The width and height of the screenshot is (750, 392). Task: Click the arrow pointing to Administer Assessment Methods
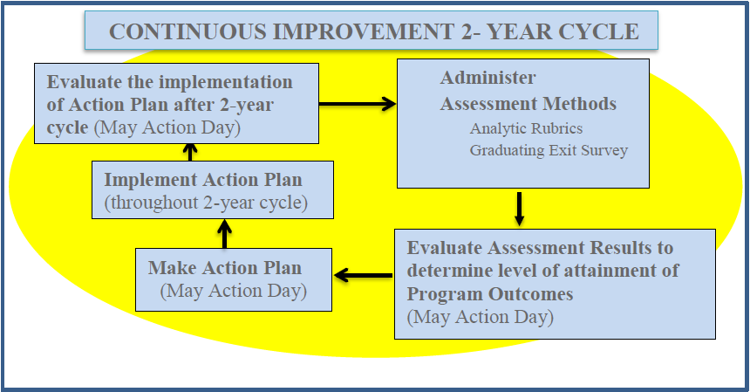tap(358, 103)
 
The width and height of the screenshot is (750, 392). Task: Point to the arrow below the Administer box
tap(520, 209)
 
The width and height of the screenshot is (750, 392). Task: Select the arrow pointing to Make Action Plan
tap(363, 275)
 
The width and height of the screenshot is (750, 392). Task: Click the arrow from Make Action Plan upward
tap(224, 234)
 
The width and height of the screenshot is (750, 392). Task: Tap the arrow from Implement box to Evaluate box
tap(190, 152)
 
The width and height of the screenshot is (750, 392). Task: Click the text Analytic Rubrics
tap(526, 128)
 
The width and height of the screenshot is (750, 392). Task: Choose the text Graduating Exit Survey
tap(549, 150)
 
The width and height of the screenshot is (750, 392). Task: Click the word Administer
tap(487, 78)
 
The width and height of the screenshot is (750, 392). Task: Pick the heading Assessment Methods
tap(528, 104)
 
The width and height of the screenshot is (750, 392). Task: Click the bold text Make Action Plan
tap(225, 267)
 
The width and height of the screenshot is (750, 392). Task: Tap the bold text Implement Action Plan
tap(203, 180)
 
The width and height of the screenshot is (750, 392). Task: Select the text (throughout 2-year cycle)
tap(206, 203)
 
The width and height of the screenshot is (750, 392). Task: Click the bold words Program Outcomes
tap(490, 294)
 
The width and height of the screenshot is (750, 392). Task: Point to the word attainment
tap(615, 271)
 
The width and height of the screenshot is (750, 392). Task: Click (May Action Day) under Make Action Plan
tap(234, 291)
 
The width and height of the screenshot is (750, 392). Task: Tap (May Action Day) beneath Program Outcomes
tap(481, 317)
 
